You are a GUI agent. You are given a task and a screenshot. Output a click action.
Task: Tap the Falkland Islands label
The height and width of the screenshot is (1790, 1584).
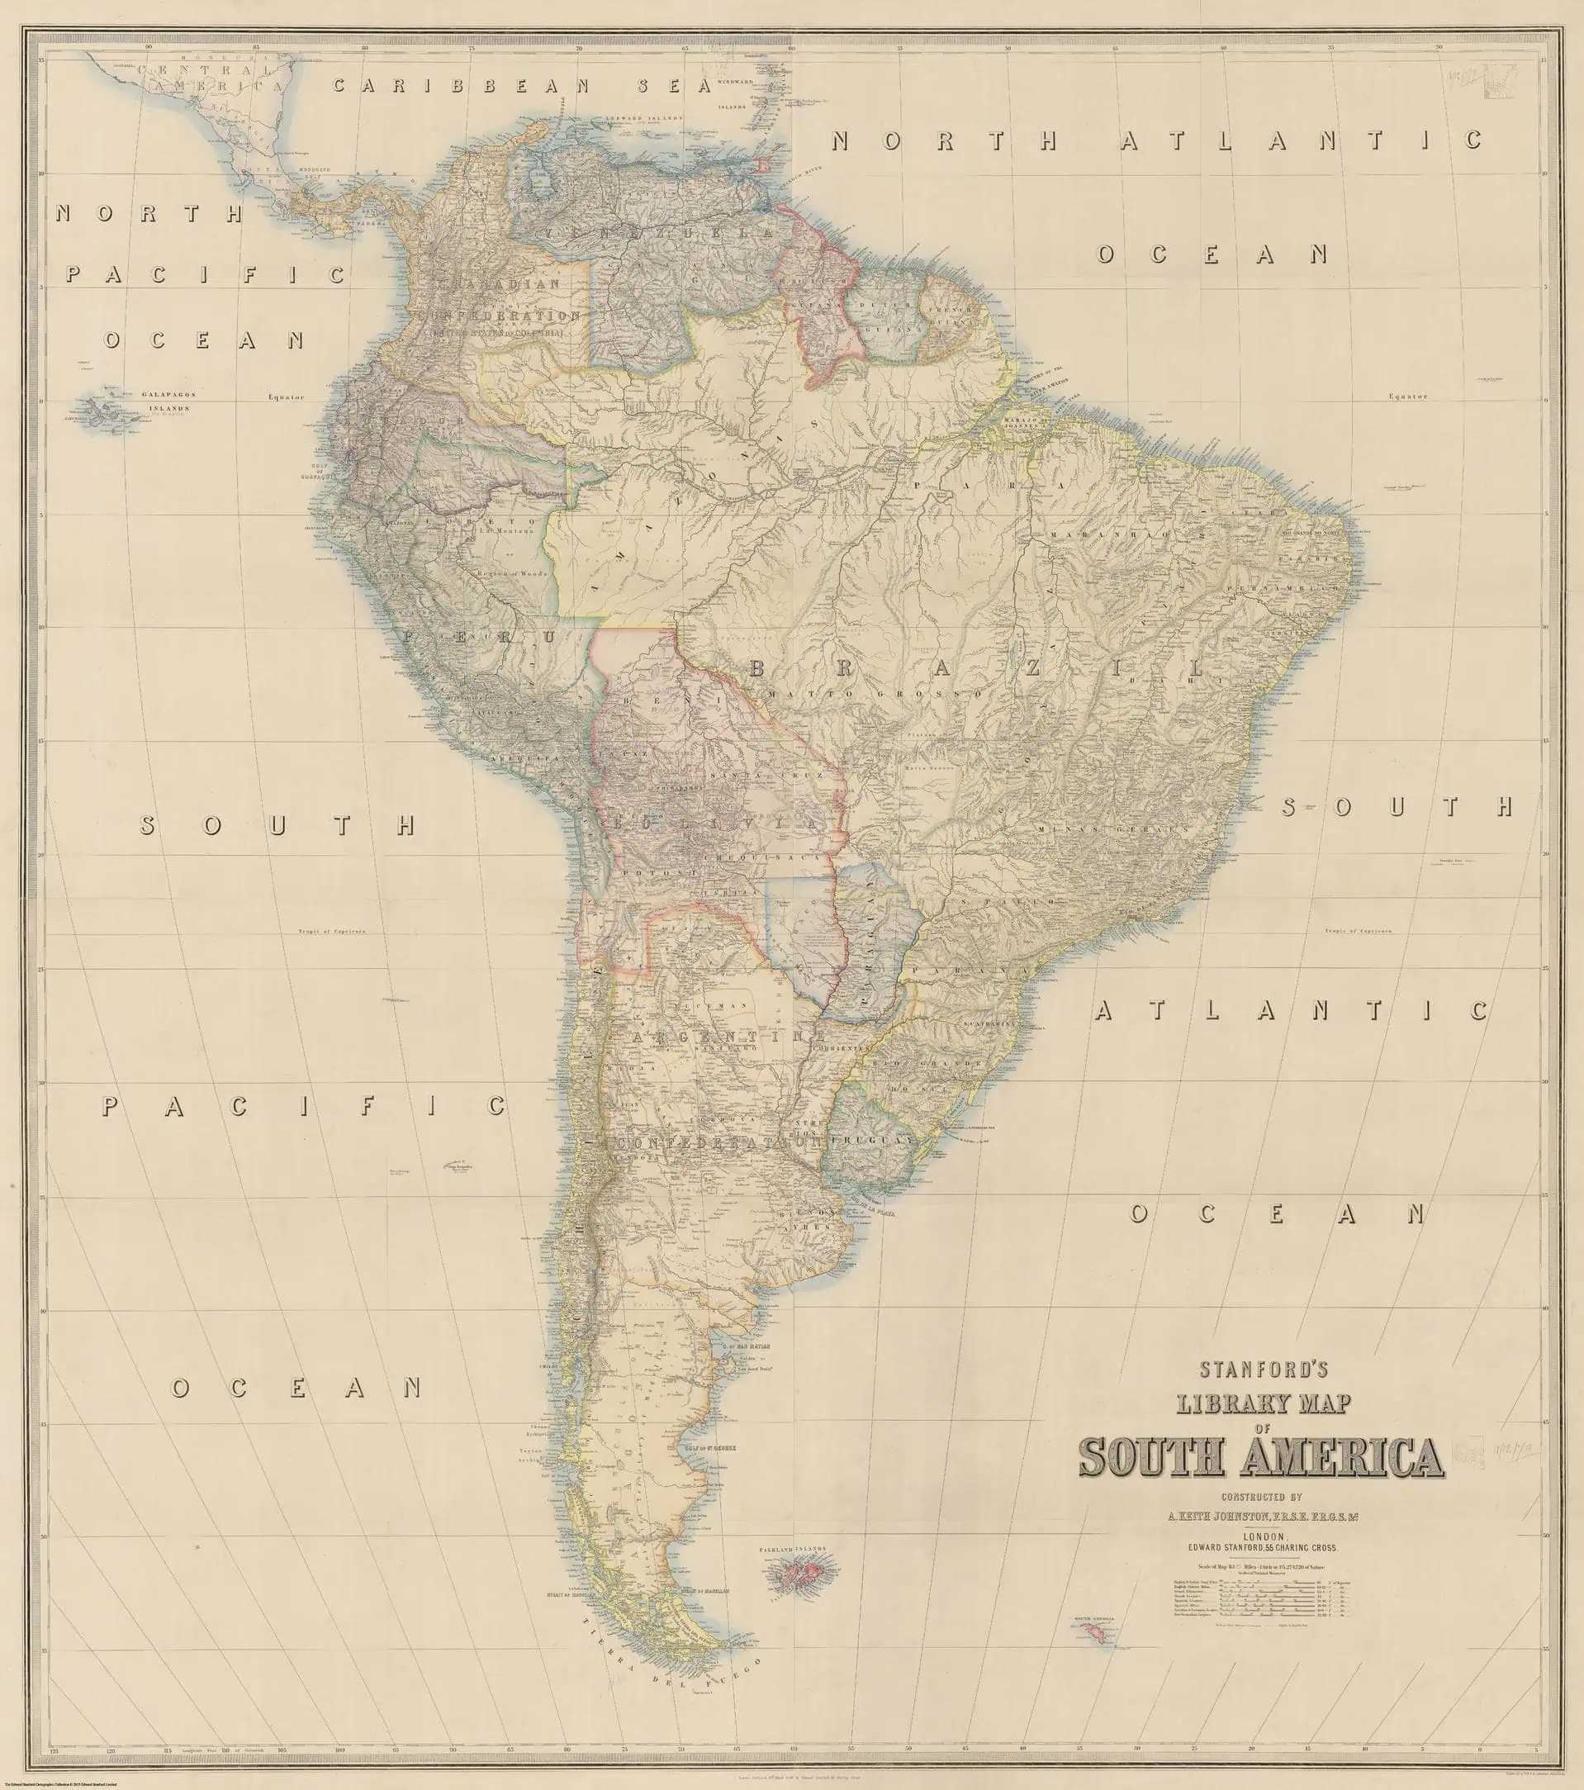798,1572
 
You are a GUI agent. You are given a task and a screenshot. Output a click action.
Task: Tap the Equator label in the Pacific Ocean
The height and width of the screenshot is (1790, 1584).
287,396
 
